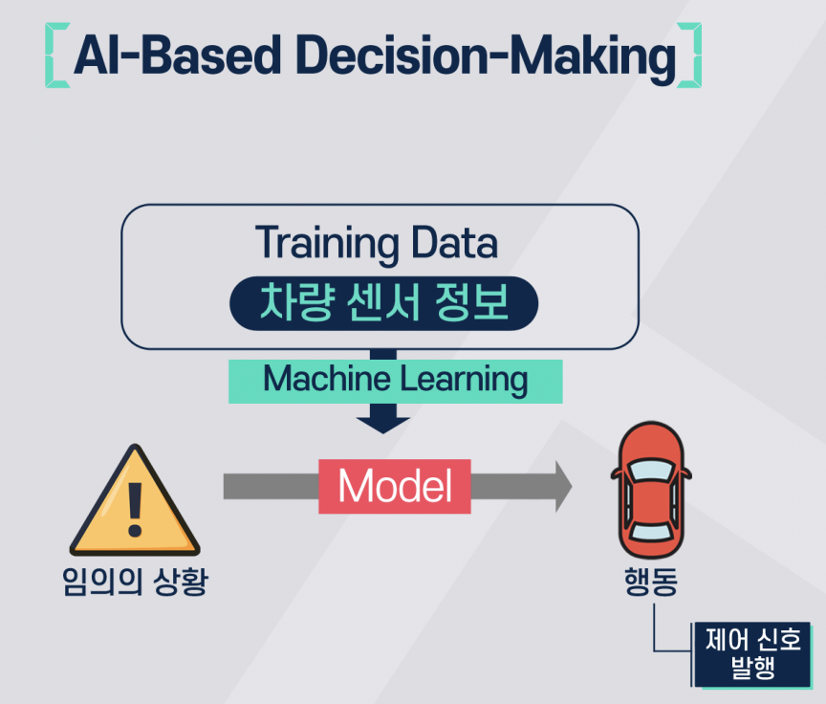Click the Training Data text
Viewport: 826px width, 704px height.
[377, 243]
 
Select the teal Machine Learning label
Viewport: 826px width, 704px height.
[395, 380]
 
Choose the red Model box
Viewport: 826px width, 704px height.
[394, 487]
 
